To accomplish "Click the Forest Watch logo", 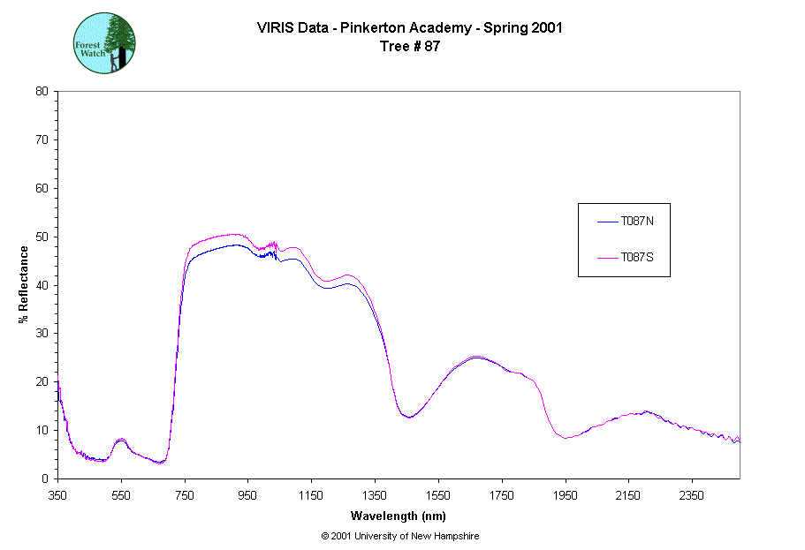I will (x=103, y=42).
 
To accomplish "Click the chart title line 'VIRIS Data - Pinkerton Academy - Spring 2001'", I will (x=409, y=28).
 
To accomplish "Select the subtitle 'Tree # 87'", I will (x=409, y=47).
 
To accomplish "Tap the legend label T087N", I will (x=636, y=222).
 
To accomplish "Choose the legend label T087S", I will (x=636, y=258).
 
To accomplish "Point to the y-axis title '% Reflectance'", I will (x=24, y=284).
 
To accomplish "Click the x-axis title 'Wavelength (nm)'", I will (x=398, y=515).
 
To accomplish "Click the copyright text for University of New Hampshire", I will (x=400, y=536).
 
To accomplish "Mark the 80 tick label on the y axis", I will (x=42, y=91).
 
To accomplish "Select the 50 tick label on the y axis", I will (x=42, y=237).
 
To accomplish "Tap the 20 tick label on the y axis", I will (x=42, y=381).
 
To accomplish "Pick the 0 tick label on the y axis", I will (x=44, y=478).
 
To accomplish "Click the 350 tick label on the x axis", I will (x=58, y=495).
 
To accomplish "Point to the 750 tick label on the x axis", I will (x=185, y=495).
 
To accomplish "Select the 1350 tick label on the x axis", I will (x=375, y=495).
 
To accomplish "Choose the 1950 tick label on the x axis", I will (x=565, y=495).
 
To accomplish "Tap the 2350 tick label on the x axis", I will (x=691, y=495).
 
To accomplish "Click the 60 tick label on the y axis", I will (x=42, y=188).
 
